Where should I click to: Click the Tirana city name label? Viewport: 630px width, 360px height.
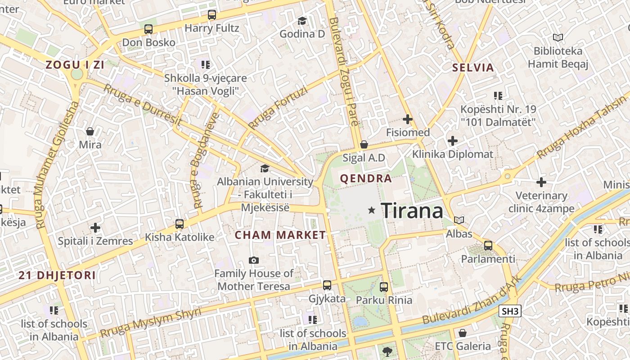412,211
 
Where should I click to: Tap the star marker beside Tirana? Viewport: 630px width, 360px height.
372,210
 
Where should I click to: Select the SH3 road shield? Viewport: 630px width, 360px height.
510,311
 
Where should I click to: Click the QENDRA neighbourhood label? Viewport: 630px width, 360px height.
366,179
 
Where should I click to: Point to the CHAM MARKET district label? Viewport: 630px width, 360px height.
280,235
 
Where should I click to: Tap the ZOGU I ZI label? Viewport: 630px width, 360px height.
75,65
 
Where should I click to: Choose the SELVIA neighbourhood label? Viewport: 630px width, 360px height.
473,68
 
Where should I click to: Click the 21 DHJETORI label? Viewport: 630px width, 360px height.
57,275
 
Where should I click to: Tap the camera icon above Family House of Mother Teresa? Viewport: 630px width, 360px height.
254,260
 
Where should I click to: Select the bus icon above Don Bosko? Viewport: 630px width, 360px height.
148,29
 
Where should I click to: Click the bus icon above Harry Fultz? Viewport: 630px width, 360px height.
212,15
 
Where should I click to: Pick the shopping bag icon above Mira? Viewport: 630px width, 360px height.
90,131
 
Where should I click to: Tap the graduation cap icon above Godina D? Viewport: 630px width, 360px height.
302,21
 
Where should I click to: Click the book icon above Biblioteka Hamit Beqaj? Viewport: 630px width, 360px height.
558,38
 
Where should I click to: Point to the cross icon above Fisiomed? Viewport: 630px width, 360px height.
408,119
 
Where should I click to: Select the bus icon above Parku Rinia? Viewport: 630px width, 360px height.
384,287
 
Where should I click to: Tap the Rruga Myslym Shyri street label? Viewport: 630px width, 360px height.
150,322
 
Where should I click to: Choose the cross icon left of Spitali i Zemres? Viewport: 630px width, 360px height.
95,228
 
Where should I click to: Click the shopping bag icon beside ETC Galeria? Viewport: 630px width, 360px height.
462,333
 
